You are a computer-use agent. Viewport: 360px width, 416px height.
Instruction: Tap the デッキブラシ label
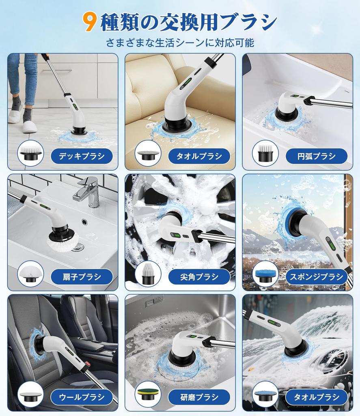pyautogui.click(x=81, y=156)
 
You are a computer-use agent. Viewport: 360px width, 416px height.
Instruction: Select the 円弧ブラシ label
pyautogui.click(x=316, y=156)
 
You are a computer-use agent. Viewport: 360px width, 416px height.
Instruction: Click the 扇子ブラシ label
pyautogui.click(x=81, y=277)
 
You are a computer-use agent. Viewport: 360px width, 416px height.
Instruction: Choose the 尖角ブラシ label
pyautogui.click(x=199, y=277)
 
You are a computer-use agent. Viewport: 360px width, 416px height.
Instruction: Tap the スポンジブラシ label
pyautogui.click(x=316, y=277)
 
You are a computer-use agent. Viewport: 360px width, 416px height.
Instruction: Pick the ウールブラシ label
pyautogui.click(x=81, y=397)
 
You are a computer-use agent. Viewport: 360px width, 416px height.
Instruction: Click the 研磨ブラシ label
pyautogui.click(x=199, y=397)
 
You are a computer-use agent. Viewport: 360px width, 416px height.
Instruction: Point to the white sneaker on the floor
pyautogui.click(x=29, y=126)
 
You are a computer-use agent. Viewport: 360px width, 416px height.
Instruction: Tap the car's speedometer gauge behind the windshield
pyautogui.click(x=334, y=358)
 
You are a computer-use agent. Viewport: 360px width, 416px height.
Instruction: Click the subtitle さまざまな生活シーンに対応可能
pyautogui.click(x=180, y=42)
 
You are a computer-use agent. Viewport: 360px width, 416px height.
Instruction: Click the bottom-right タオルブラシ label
pyautogui.click(x=316, y=397)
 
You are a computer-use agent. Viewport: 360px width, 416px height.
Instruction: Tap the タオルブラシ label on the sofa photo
pyautogui.click(x=199, y=156)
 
